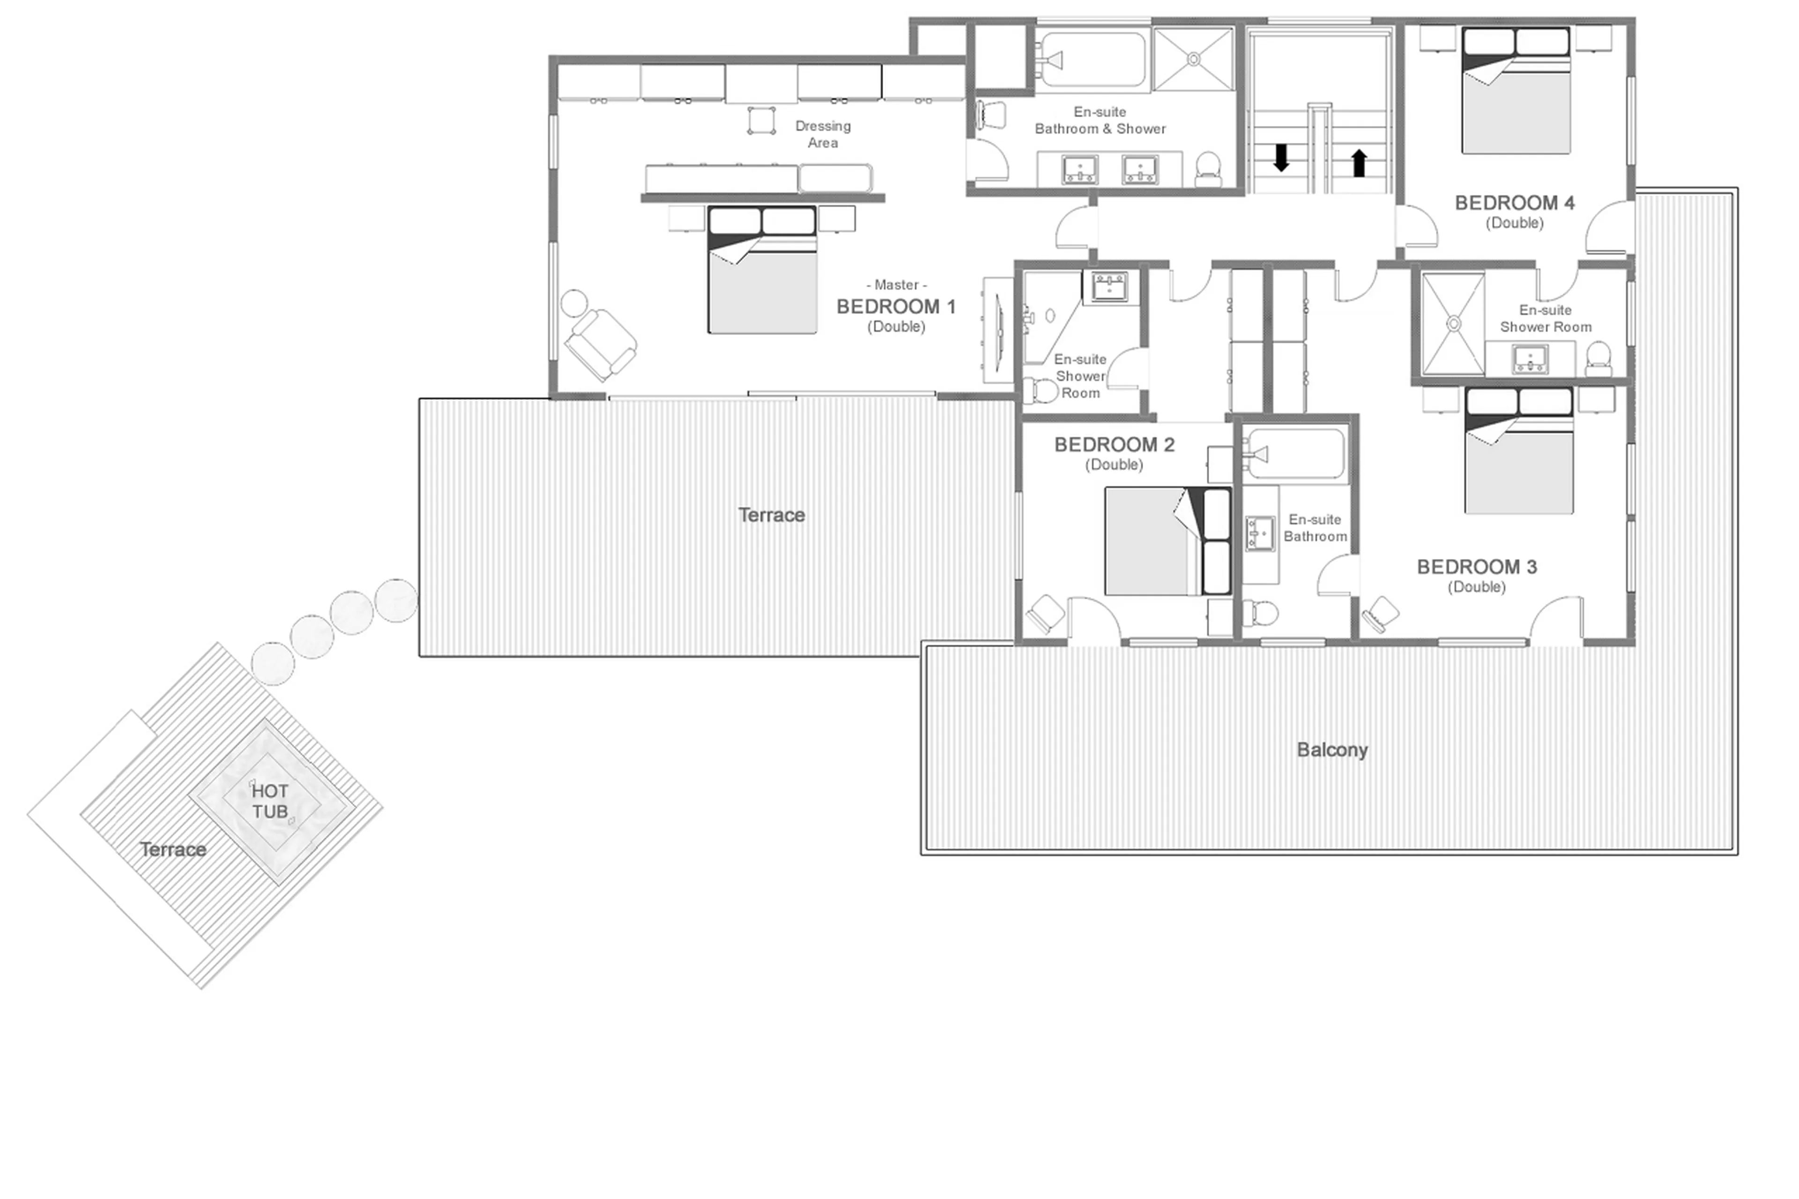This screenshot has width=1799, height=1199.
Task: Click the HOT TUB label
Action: pyautogui.click(x=270, y=801)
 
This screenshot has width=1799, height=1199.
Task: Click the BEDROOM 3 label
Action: pyautogui.click(x=1476, y=566)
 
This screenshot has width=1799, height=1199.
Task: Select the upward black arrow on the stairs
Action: pyautogui.click(x=1359, y=162)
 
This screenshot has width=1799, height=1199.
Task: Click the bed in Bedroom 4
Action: pyautogui.click(x=1516, y=92)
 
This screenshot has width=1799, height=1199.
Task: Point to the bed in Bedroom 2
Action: pyautogui.click(x=1167, y=541)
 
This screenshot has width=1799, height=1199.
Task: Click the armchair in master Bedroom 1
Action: pyautogui.click(x=601, y=343)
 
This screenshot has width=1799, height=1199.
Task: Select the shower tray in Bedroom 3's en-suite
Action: pyautogui.click(x=1453, y=324)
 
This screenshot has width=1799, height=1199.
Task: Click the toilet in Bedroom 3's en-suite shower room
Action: pyautogui.click(x=1598, y=358)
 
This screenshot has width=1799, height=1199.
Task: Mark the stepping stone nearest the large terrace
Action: pyautogui.click(x=396, y=600)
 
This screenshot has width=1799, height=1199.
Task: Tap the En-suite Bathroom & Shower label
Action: pyautogui.click(x=1100, y=120)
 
